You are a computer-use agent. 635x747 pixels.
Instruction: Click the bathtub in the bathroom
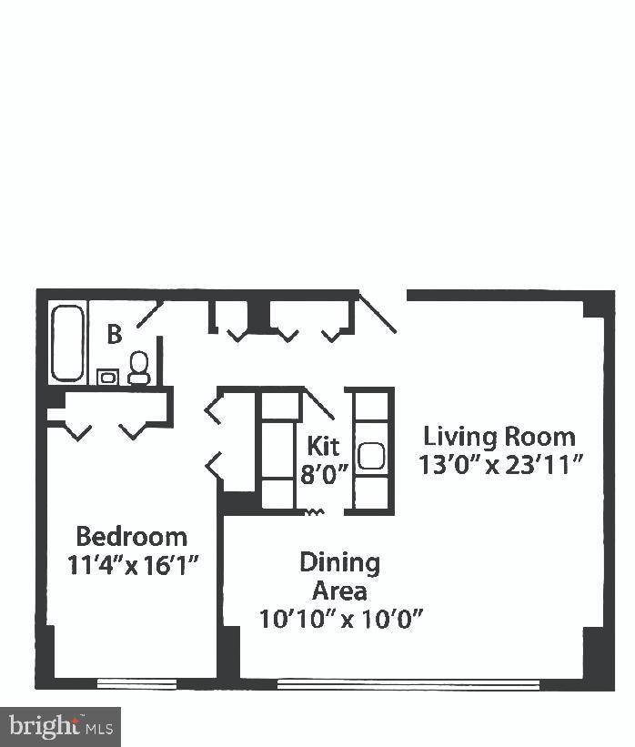click(67, 343)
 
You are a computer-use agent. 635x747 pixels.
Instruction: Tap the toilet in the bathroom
click(139, 368)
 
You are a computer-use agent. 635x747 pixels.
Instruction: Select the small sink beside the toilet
click(107, 375)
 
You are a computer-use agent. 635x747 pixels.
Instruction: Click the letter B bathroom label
click(114, 335)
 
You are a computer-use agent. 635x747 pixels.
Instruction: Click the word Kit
click(323, 446)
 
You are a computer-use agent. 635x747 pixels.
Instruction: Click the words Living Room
click(499, 437)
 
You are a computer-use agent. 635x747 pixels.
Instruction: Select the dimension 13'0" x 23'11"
click(499, 465)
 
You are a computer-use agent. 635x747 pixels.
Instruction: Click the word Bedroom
click(131, 536)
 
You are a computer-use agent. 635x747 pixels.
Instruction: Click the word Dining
click(339, 561)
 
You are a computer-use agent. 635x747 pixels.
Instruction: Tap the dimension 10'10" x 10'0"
click(341, 620)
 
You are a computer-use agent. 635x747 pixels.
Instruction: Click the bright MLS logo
click(60, 726)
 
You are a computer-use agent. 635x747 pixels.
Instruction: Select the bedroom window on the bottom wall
click(136, 681)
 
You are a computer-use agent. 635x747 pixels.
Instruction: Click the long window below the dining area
click(408, 682)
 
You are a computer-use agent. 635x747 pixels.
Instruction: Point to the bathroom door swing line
click(150, 315)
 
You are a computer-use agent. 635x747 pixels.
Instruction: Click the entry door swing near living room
click(377, 312)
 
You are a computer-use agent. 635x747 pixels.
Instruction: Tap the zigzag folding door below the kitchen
click(315, 512)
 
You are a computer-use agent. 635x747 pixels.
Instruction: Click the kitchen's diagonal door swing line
click(319, 404)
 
